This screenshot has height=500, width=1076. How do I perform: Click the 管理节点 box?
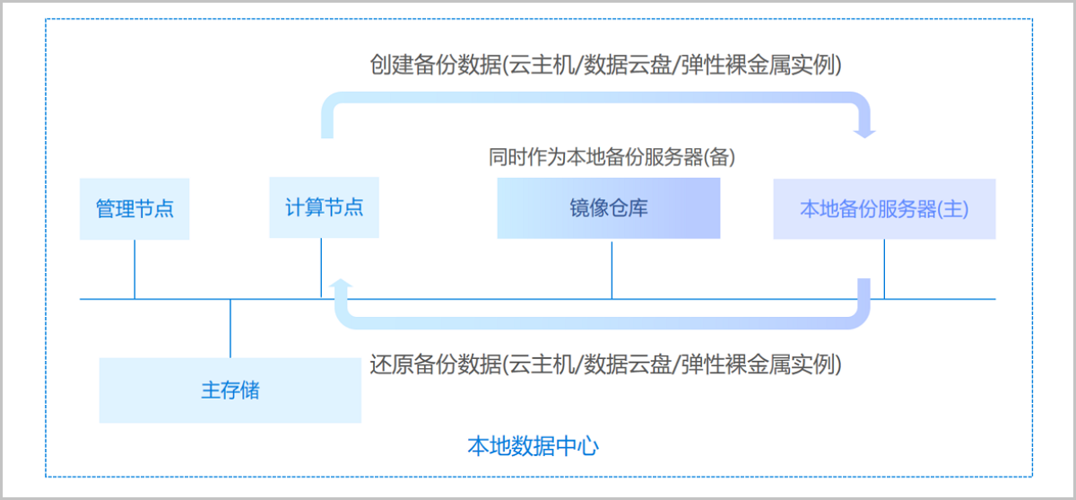(134, 209)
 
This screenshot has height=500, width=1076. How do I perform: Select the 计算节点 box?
(324, 207)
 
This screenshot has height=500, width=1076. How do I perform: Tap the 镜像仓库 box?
(608, 208)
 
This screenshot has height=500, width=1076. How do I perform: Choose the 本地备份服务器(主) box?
(884, 208)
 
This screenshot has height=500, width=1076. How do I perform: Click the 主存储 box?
(230, 390)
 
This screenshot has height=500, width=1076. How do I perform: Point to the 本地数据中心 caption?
(533, 445)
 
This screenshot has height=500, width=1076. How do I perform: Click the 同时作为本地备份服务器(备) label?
(612, 157)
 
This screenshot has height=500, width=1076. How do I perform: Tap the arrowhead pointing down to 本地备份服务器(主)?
(864, 131)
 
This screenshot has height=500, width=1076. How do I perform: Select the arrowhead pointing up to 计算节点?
(342, 285)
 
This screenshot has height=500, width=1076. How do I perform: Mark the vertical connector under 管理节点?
(134, 268)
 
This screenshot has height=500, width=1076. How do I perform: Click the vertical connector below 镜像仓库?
(612, 268)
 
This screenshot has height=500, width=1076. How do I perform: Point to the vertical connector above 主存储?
(230, 329)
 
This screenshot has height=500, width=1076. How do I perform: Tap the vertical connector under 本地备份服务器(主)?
(884, 268)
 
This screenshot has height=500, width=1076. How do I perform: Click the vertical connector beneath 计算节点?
(321, 268)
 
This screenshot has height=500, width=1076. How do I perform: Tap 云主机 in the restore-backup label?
(542, 364)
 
